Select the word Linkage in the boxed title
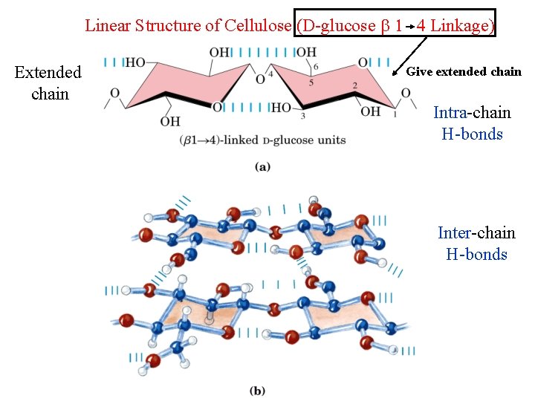click(458, 25)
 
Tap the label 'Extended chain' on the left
click(48, 83)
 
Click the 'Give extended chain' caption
click(464, 72)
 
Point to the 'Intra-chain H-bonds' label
click(472, 123)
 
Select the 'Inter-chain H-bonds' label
click(476, 244)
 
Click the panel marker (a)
click(262, 166)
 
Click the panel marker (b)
click(258, 390)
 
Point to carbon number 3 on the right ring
click(303, 116)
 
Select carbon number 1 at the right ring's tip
click(394, 115)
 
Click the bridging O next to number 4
click(259, 79)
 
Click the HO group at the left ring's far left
click(134, 62)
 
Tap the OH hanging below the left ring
click(171, 121)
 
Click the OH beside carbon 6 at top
click(306, 53)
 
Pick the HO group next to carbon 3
click(281, 108)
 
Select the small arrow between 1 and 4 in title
click(409, 27)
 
